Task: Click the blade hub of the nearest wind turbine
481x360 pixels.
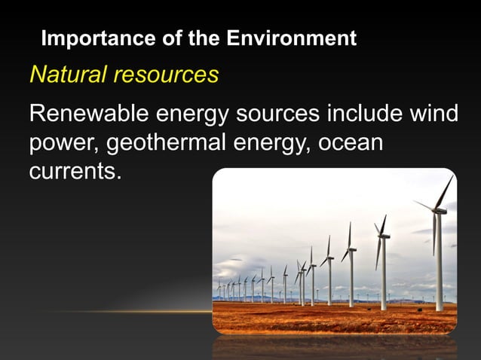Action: tap(437, 210)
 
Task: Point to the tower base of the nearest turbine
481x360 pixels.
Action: tap(440, 308)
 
